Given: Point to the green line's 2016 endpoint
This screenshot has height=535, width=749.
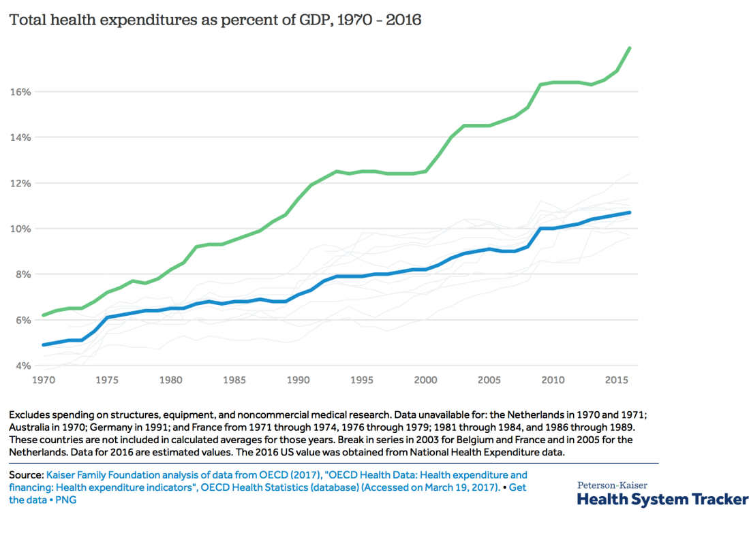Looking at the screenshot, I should pos(630,48).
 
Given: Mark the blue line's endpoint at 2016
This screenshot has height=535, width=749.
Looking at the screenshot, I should pos(630,212).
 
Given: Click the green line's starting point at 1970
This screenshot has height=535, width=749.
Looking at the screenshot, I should pos(44,315).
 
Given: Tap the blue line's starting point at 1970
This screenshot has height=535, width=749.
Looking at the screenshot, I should pos(44,344).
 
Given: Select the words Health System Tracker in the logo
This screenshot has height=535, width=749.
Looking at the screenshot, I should pos(662,500).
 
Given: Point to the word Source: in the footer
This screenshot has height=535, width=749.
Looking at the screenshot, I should pos(25,475).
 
